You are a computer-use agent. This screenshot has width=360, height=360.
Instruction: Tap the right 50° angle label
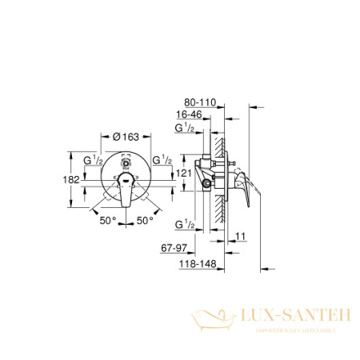click(x=144, y=217)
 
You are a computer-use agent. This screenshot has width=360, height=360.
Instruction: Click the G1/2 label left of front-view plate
click(x=85, y=160)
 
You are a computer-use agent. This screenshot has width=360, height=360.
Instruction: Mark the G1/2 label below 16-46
click(x=184, y=129)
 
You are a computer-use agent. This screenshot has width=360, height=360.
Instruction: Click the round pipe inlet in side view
click(x=209, y=186)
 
